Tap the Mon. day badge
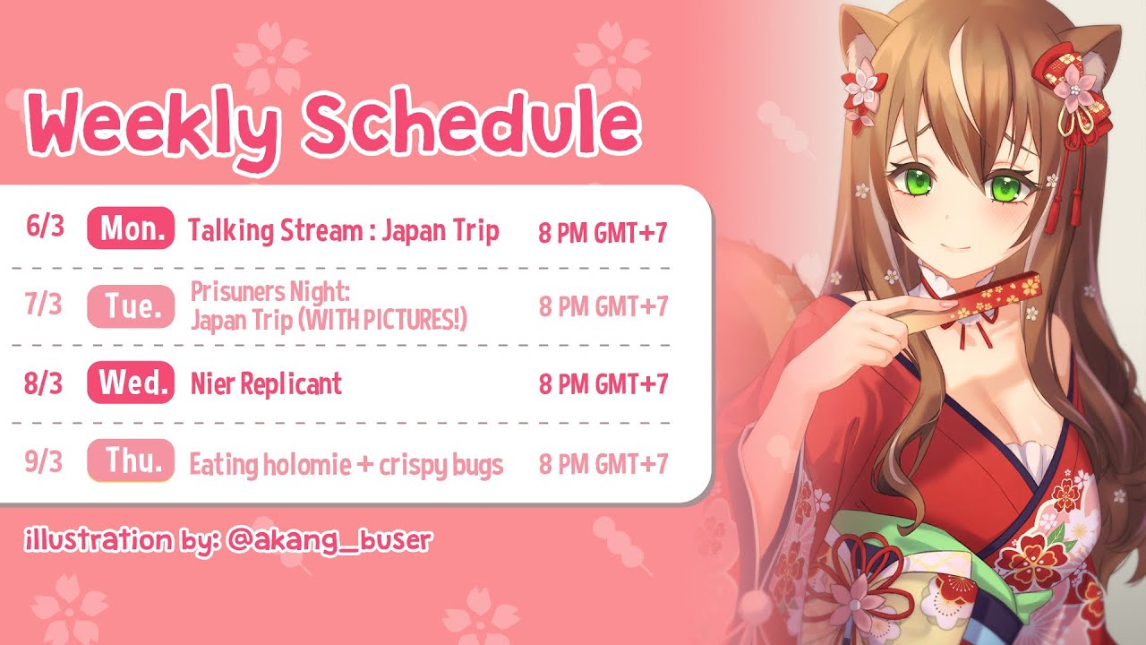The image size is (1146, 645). (x=131, y=228)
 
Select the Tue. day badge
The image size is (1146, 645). (x=131, y=306)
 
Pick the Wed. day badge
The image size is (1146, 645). (x=131, y=383)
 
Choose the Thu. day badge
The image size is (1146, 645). (x=131, y=460)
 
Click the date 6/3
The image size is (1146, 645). (x=45, y=227)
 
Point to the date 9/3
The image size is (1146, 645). (x=44, y=461)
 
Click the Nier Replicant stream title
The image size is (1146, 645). (x=266, y=384)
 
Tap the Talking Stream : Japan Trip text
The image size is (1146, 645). (x=343, y=231)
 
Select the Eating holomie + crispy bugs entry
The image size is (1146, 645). (x=346, y=465)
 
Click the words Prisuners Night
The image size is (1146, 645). (x=270, y=292)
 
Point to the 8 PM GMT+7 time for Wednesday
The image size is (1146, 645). (x=603, y=384)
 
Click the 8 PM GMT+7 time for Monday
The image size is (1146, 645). (x=603, y=233)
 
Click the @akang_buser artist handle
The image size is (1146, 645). (x=329, y=540)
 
